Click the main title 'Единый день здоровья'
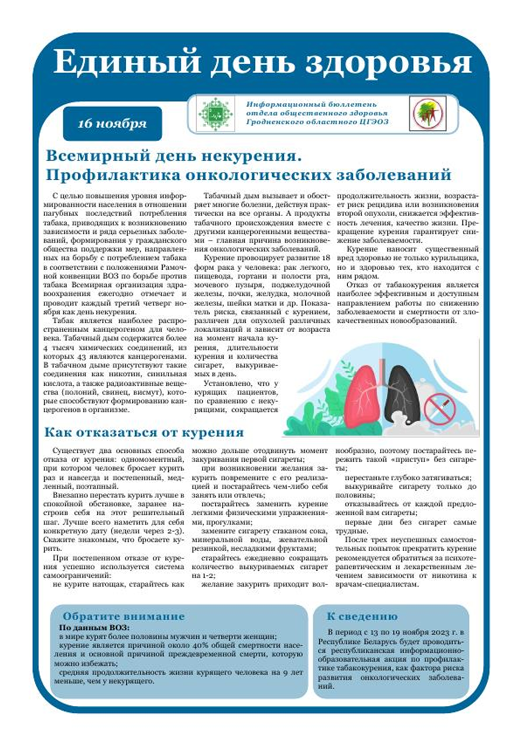[263, 62]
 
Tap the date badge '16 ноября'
[112, 123]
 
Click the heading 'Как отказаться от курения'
[144, 432]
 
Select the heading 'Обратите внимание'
[123, 616]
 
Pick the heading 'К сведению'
[362, 616]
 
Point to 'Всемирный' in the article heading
[92, 154]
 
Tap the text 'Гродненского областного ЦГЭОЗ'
[317, 122]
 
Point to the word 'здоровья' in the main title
[412, 62]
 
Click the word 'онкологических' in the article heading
[258, 175]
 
